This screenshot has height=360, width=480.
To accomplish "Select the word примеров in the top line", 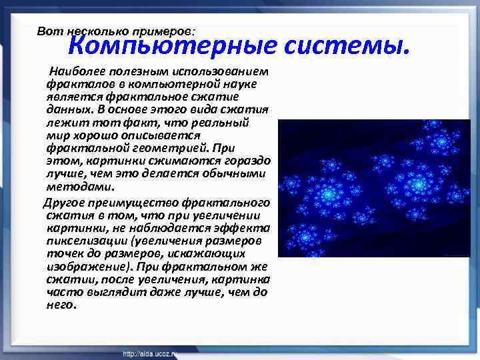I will pos(165,31).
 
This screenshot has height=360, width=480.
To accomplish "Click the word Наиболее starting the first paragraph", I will pos(75,71).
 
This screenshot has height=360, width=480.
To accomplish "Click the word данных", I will pos(65,109).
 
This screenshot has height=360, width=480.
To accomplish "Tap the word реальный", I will pos(223,123).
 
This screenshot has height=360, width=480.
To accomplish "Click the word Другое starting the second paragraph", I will pos(63,202).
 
